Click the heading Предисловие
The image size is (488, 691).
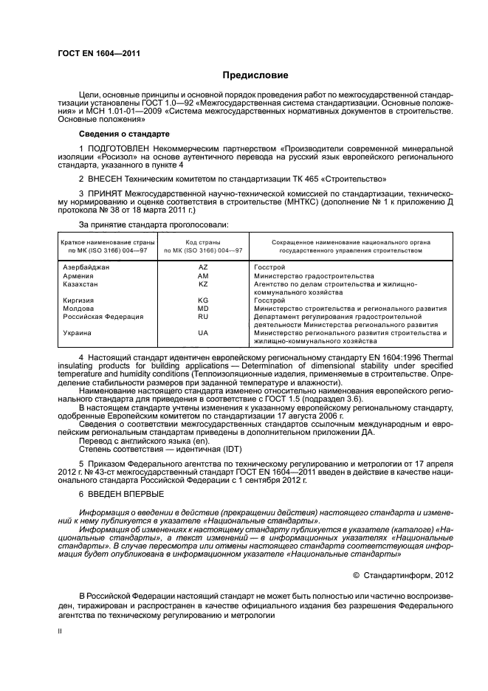point(255,76)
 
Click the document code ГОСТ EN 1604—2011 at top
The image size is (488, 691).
point(98,54)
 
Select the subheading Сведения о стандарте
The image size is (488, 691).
point(124,134)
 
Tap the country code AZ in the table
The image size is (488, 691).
point(203,267)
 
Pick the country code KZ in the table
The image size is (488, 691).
point(203,283)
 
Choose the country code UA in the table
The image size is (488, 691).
point(203,333)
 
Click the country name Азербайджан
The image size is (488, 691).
point(86,267)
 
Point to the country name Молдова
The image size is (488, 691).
point(79,309)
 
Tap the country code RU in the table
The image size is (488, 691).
point(203,317)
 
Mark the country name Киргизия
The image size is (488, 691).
point(80,300)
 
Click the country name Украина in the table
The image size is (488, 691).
point(78,333)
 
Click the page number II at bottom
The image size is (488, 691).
point(61,632)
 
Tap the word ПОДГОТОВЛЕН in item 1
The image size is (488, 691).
point(116,150)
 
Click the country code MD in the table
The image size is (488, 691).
point(203,309)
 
